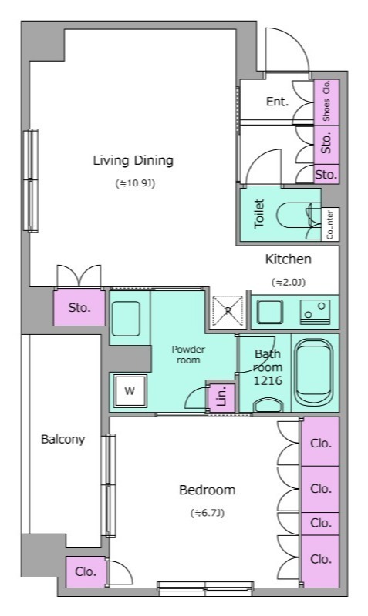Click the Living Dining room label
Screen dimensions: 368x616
133,161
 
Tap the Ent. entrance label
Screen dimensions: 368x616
278,102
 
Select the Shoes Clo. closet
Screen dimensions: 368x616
326,102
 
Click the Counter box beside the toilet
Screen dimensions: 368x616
330,224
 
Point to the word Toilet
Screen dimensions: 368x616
259,213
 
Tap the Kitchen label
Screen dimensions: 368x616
288,259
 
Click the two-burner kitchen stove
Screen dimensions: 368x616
315,312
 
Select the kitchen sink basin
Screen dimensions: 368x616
269,312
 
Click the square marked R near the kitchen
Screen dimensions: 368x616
228,311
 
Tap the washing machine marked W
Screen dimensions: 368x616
130,391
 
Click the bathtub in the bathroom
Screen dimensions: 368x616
315,372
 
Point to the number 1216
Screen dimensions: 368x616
268,380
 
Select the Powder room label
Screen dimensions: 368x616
188,354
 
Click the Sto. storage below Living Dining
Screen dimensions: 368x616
79,307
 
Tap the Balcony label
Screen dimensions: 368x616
63,439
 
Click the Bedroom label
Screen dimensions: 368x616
207,490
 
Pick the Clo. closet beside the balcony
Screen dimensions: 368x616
86,572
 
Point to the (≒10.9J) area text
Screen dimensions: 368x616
135,183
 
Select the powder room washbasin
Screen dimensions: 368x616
126,319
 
